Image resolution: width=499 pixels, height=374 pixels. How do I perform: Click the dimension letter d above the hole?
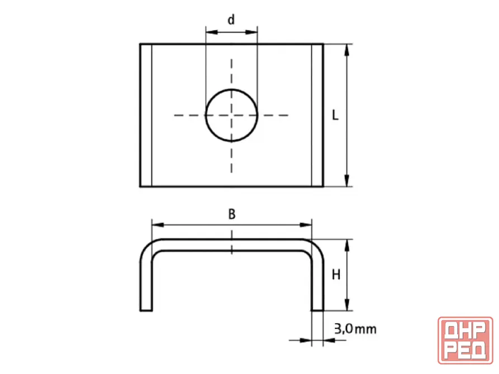[x=231, y=20]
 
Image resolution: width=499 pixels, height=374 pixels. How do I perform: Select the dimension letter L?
[x=335, y=115]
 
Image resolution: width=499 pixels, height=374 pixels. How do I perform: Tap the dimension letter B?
[x=232, y=214]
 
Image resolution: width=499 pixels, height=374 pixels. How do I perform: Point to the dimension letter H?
[x=336, y=275]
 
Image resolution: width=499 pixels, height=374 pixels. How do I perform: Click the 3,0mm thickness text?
[x=355, y=329]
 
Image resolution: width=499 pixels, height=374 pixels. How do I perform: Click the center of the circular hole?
[x=231, y=115]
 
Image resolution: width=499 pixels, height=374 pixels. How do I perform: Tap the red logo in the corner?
[x=465, y=341]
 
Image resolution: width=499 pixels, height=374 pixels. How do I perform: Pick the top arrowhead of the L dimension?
[x=347, y=50]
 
